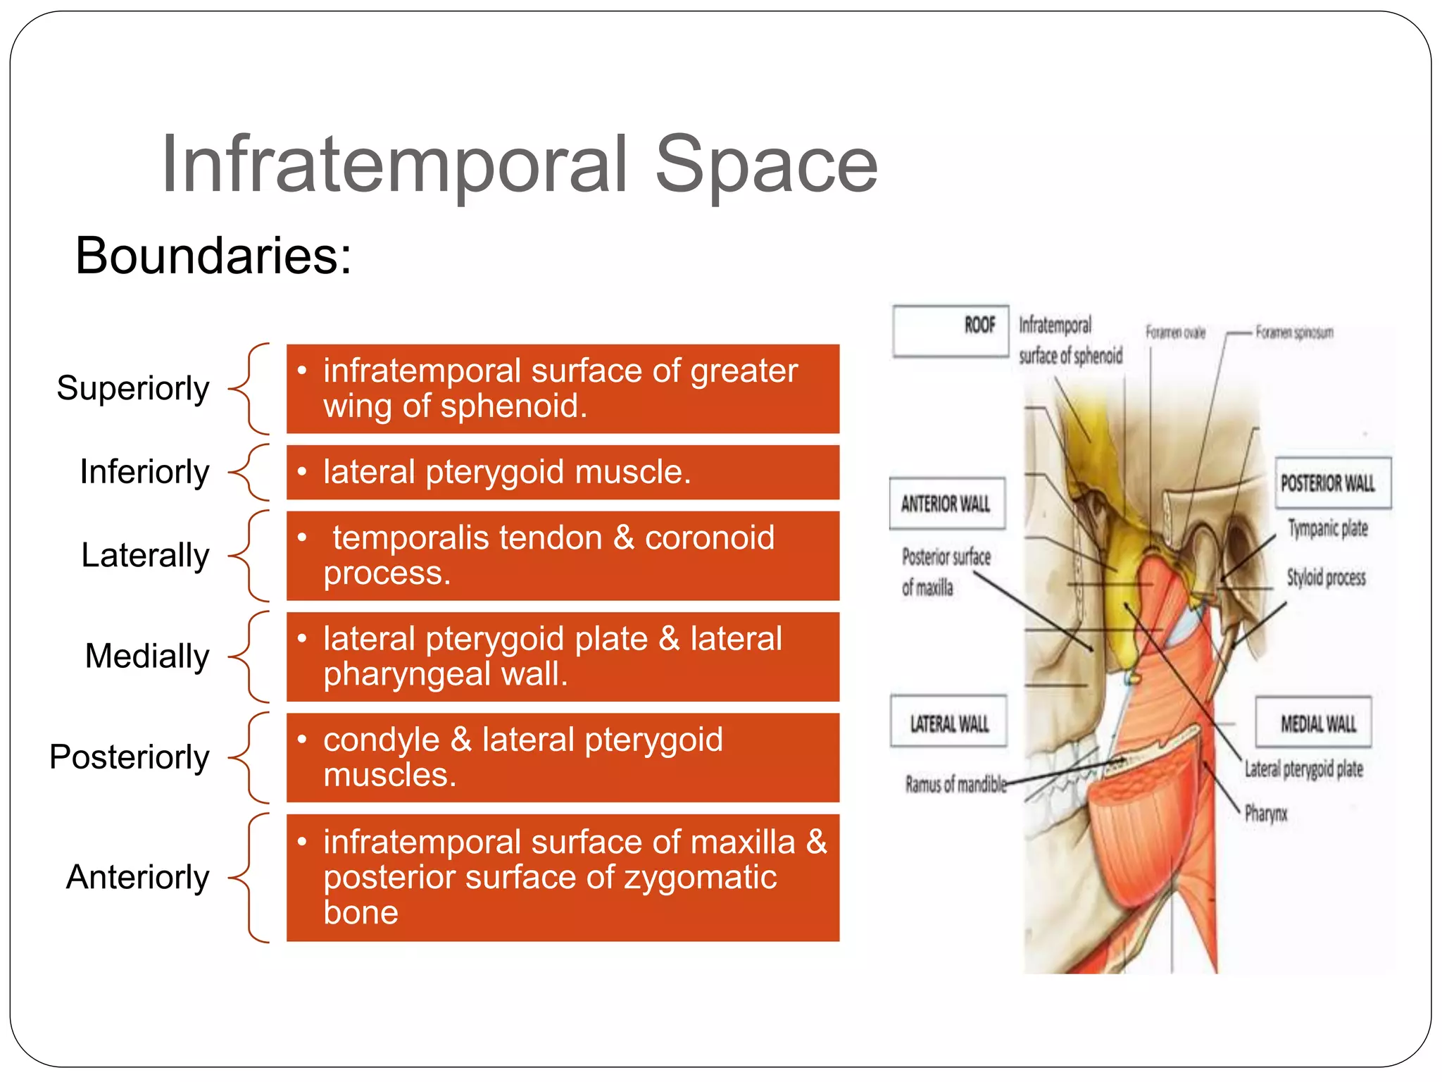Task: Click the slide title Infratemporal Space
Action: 520,165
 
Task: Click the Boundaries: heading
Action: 213,255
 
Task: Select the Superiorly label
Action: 133,388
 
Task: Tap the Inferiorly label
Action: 144,471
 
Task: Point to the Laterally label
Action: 145,555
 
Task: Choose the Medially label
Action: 146,656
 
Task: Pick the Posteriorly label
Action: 130,757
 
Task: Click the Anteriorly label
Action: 138,877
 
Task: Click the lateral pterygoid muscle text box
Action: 563,472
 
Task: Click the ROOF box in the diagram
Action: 951,330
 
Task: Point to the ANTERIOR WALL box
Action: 946,504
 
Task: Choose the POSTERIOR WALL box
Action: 1333,483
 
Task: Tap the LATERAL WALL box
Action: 948,723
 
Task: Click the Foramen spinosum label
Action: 1294,332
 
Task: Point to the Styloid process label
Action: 1326,578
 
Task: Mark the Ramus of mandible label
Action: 955,784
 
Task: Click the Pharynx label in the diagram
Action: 1265,814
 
